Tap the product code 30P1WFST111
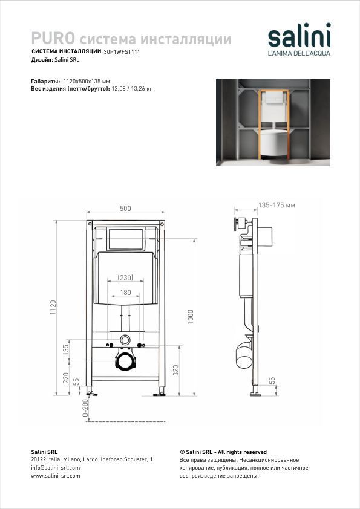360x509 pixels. [122, 51]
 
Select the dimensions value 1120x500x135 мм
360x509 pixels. [87, 81]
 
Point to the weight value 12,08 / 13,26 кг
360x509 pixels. [131, 89]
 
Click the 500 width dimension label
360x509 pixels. [125, 209]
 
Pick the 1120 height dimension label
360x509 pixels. [53, 307]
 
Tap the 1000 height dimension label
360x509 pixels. [191, 317]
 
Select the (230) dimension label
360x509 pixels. [125, 278]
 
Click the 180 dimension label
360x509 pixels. [125, 293]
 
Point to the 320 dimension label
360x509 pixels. [176, 371]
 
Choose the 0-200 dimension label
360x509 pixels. [85, 408]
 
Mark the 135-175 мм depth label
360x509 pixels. [277, 205]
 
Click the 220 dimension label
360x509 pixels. [66, 378]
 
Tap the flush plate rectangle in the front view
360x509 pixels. [125, 239]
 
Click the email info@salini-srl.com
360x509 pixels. [56, 468]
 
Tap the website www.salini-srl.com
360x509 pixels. [56, 476]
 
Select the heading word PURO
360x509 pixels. [53, 38]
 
